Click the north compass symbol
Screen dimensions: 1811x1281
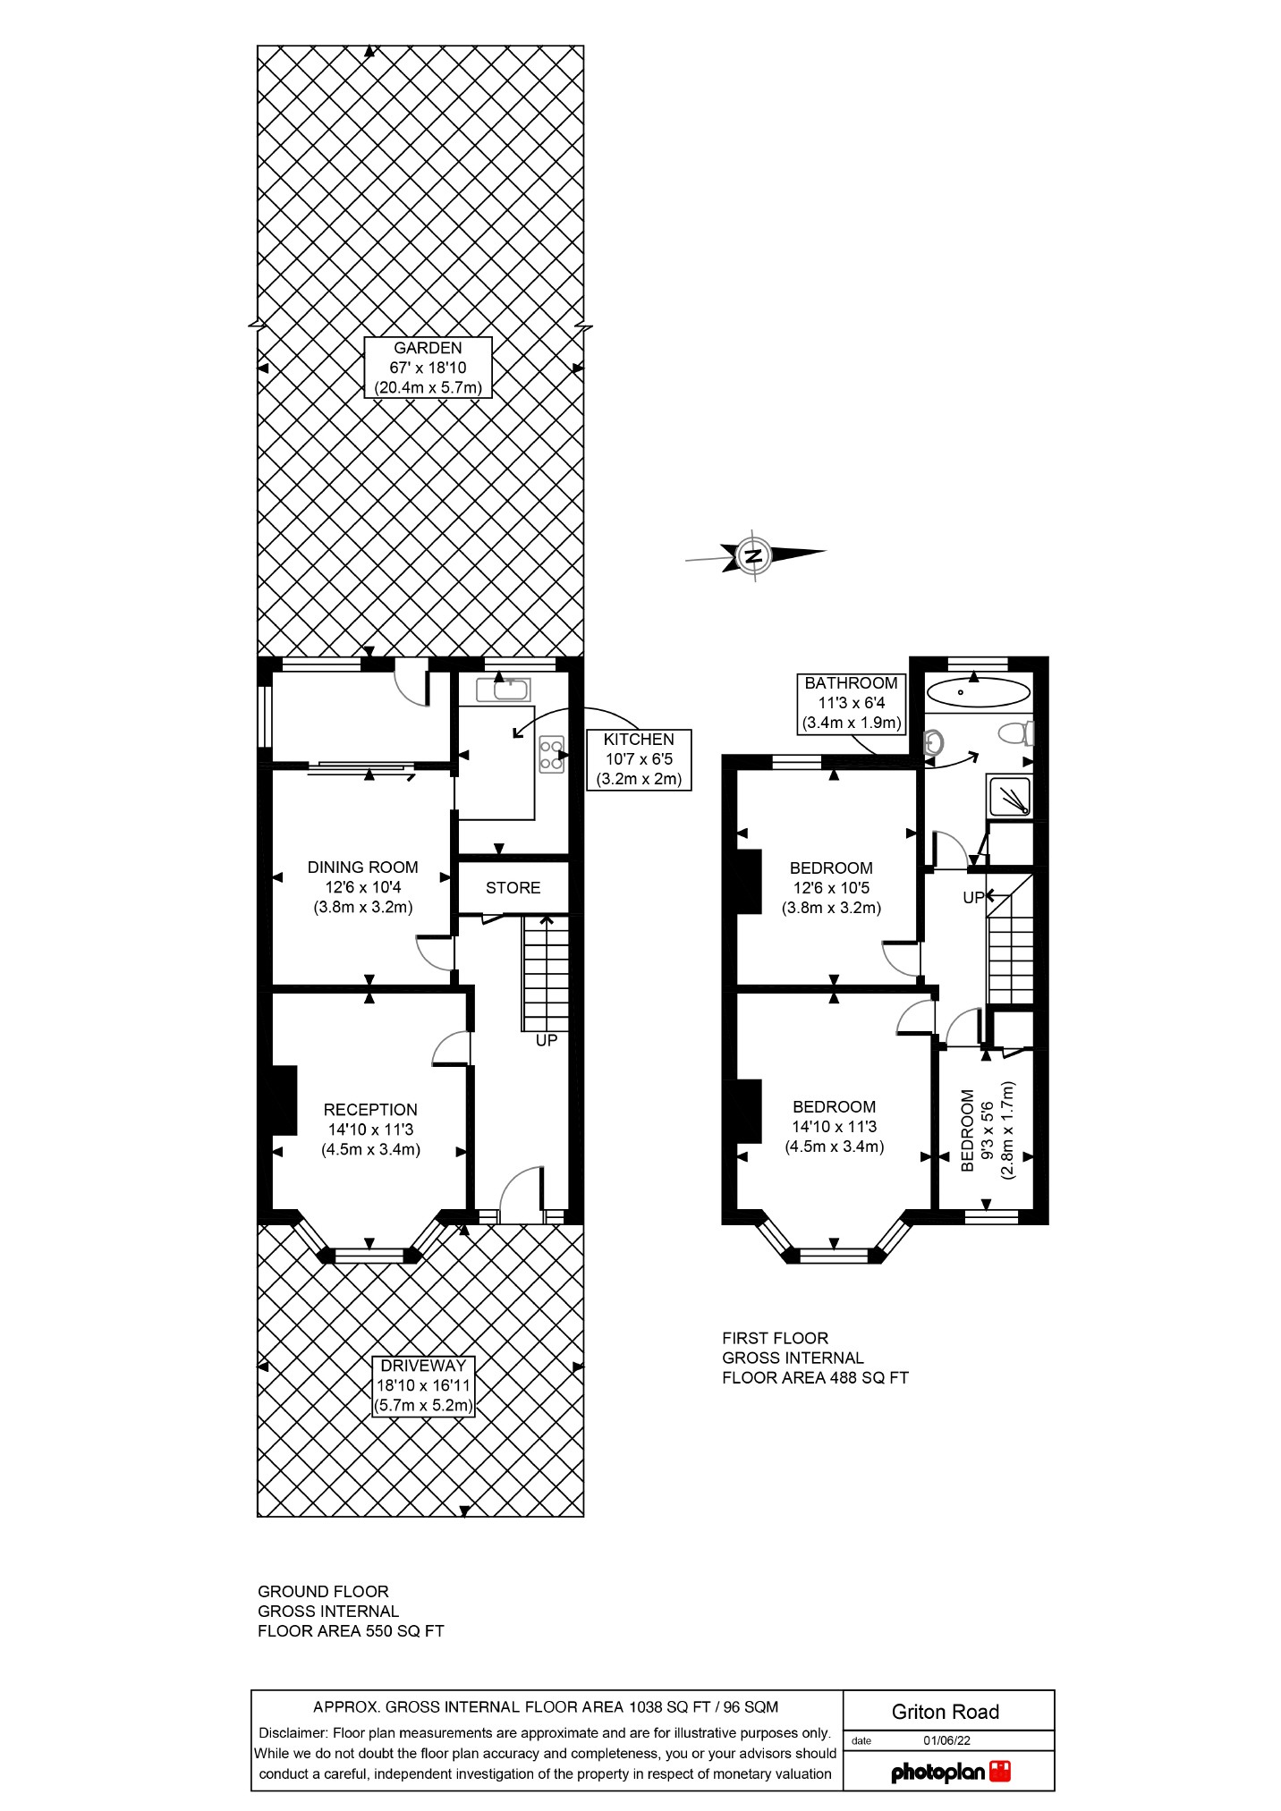[x=754, y=555]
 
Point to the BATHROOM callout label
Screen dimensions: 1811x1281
[x=850, y=703]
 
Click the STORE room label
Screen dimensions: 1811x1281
[x=513, y=888]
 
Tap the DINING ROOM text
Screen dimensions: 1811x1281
[x=362, y=867]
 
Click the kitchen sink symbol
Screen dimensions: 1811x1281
[x=504, y=690]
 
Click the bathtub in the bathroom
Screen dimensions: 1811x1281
[x=977, y=691]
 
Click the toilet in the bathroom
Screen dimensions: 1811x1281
[x=1016, y=734]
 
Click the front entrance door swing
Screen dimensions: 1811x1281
[x=521, y=1194]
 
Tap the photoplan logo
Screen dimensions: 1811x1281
[x=950, y=1772]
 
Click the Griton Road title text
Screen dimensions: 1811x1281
[x=945, y=1712]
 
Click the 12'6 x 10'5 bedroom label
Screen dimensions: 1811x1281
[x=831, y=887]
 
